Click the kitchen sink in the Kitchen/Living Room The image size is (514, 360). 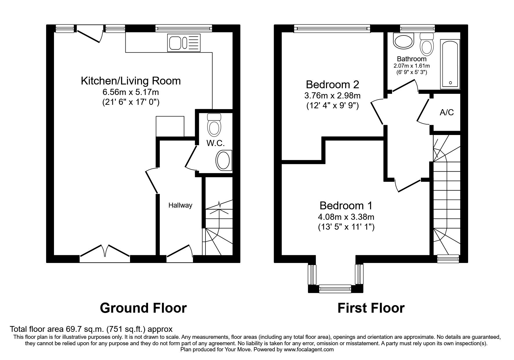[x=184, y=43]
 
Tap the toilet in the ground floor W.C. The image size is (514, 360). [x=214, y=125]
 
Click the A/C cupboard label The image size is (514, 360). [x=446, y=113]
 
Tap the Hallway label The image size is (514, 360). [x=180, y=206]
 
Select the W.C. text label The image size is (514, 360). [x=215, y=143]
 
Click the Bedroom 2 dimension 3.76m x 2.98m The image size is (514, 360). [x=333, y=96]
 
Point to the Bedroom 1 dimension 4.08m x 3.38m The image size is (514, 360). [x=346, y=217]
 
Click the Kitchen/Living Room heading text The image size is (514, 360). [x=131, y=81]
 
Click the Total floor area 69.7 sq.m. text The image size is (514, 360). [x=91, y=329]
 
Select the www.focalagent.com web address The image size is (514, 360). [x=309, y=350]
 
